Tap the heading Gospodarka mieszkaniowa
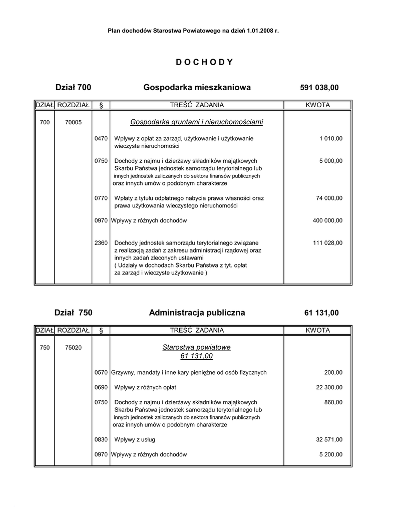coord(197,88)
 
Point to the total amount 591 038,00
coord(319,88)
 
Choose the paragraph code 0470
coord(101,138)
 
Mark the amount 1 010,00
coord(330,138)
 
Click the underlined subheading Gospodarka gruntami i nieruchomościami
coord(197,122)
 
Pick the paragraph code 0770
coord(101,198)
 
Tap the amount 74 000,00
coord(329,198)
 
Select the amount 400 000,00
coord(327,220)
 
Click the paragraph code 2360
coord(101,243)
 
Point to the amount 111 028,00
coord(327,243)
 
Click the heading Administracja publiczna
coord(197,313)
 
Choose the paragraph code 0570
coord(101,373)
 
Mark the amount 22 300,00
coord(329,388)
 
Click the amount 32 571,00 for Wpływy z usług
coord(329,440)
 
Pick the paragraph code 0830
coord(101,440)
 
